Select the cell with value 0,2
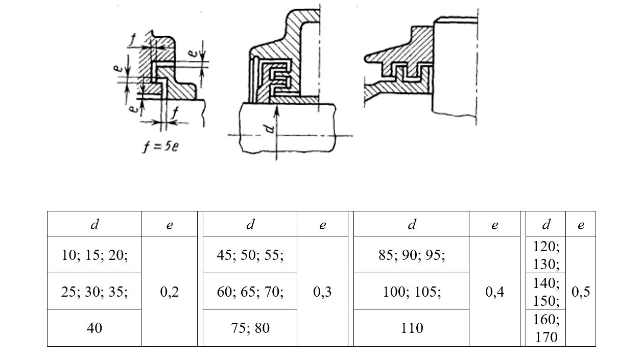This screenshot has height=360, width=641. coord(169,292)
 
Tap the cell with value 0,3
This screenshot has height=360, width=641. coord(322,292)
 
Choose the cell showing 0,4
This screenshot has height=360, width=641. coord(494,292)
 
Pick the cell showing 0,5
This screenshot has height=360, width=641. coord(581,292)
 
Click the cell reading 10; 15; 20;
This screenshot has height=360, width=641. coord(94,255)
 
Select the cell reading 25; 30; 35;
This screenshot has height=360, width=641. coord(94,292)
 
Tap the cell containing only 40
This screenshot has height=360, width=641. coord(94,328)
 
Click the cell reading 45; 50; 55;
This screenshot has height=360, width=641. coord(250,255)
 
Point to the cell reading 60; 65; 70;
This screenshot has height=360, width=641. coord(250,292)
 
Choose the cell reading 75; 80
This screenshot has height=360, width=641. coord(250,328)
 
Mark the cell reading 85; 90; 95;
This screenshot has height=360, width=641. coord(411,255)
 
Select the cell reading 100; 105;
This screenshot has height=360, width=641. coord(411,292)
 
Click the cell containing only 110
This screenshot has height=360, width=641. coord(411,328)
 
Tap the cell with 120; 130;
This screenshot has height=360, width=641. coord(546,255)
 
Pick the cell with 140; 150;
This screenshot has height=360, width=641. coord(546,292)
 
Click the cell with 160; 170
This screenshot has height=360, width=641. coord(546,328)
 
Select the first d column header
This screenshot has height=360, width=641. coord(94,225)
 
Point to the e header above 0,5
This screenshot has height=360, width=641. coord(581,225)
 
